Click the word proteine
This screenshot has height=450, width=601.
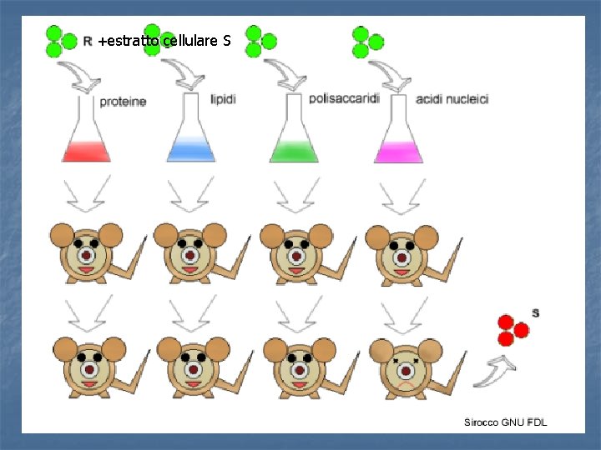pos(123,102)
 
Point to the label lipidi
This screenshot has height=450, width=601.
pos(223,99)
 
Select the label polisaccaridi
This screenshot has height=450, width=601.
pos(343,98)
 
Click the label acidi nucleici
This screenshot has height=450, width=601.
pos(452,99)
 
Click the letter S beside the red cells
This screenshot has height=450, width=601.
pos(535,313)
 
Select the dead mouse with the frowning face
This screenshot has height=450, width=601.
pos(404,366)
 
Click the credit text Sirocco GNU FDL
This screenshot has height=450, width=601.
pos(506,422)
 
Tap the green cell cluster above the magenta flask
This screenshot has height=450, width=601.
pos(366,42)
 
